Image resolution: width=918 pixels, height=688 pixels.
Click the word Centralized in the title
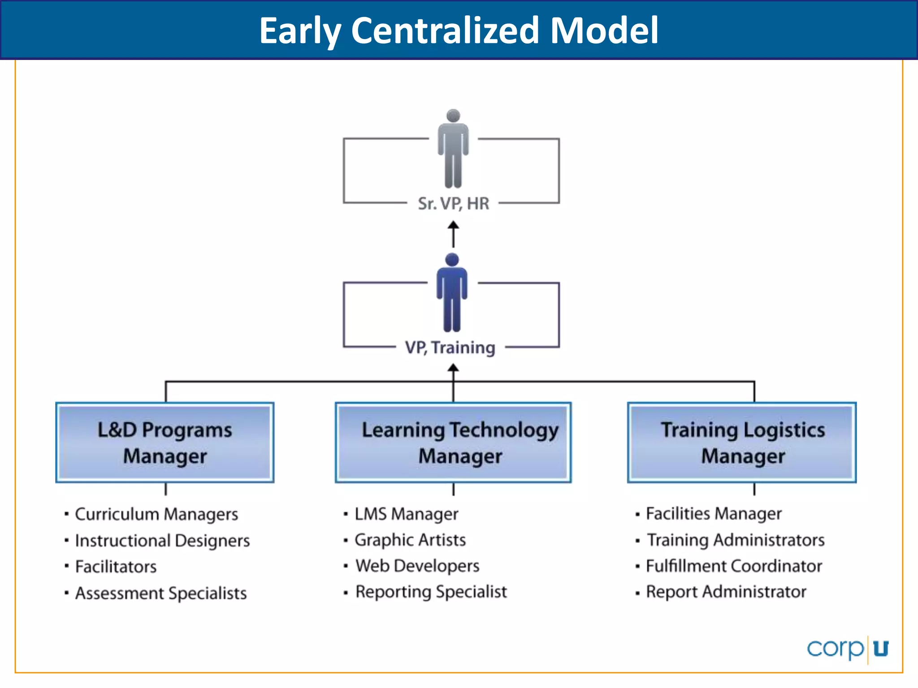click(x=445, y=30)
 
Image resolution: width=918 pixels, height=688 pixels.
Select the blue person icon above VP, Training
click(x=452, y=292)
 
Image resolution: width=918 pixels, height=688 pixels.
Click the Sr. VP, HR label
click(x=453, y=204)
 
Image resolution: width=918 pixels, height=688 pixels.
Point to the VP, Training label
click(x=450, y=348)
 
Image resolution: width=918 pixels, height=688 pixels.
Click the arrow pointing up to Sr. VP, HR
click(x=453, y=234)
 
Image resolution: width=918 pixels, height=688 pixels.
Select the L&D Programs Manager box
click(x=165, y=443)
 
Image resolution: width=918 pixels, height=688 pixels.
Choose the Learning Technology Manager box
click(x=453, y=443)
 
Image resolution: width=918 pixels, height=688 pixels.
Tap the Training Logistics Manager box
click(x=742, y=443)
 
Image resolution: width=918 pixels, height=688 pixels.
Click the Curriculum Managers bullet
click(x=156, y=514)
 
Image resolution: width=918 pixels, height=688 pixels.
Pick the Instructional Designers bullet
click(x=162, y=541)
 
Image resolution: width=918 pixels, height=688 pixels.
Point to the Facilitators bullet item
click(x=116, y=567)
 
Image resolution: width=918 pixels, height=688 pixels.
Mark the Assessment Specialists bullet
click(x=160, y=593)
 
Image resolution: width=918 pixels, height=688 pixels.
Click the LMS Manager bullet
click(x=406, y=514)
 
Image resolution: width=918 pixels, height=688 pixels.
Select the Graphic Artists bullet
click(x=410, y=540)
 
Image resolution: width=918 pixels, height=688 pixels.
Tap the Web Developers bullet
click(x=417, y=566)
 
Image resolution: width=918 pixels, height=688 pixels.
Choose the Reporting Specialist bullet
click(x=431, y=592)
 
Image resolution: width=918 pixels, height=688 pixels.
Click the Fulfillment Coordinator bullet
click(x=734, y=566)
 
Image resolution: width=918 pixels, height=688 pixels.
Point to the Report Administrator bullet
click(x=726, y=592)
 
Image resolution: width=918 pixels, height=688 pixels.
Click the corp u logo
click(x=848, y=649)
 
